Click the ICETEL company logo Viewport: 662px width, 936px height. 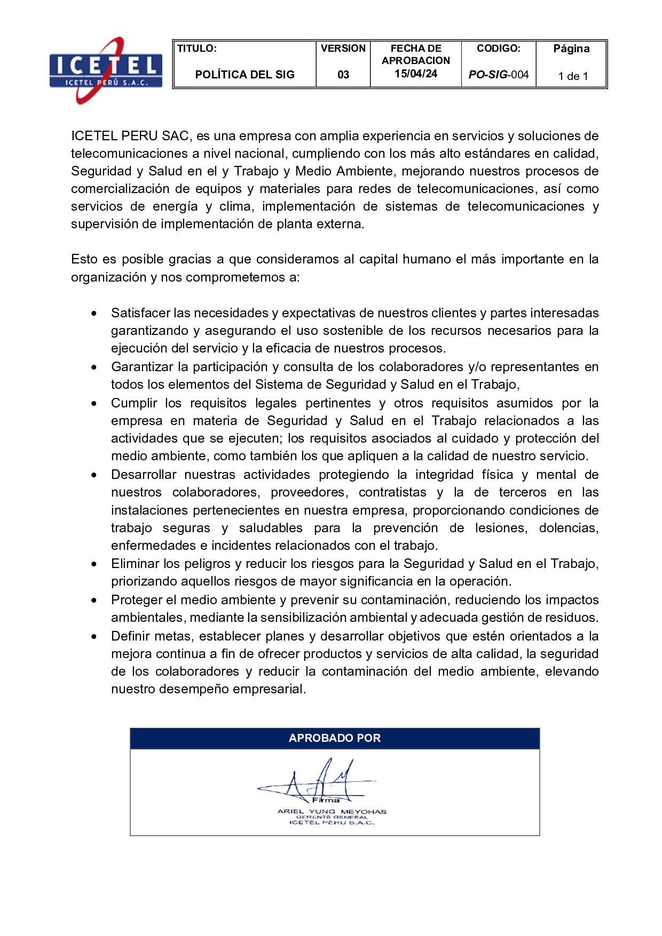point(106,70)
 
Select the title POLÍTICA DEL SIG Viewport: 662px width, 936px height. point(245,75)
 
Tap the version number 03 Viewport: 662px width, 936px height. point(343,75)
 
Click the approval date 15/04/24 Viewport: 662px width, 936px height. point(416,74)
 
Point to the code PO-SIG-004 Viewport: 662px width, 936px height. point(498,75)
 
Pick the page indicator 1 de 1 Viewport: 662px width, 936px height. point(573,76)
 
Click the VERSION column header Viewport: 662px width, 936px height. point(343,49)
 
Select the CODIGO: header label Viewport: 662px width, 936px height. point(498,49)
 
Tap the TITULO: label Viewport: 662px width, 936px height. point(197,49)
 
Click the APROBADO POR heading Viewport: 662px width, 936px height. point(335,738)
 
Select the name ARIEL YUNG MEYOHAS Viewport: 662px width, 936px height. point(332,811)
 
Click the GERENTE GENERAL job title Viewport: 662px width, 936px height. point(332,817)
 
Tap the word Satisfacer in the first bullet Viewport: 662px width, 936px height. point(140,313)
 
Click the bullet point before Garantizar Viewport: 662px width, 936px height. point(94,367)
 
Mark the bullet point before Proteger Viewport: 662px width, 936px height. point(94,600)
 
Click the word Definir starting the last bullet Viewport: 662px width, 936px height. point(130,636)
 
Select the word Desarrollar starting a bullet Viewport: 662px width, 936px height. point(143,475)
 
